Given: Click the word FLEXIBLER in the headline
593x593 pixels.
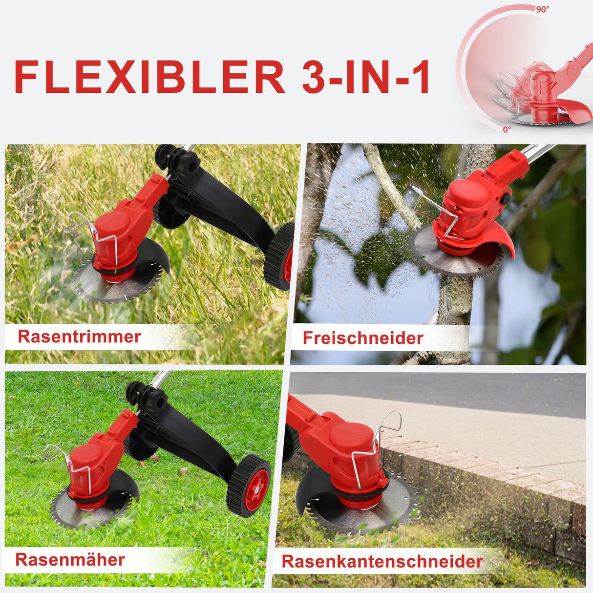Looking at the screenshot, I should tap(149, 77).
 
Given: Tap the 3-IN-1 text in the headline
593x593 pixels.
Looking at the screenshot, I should tap(366, 77).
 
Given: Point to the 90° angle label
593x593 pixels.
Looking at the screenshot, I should tap(542, 9).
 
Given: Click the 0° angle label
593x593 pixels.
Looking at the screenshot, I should tap(507, 129).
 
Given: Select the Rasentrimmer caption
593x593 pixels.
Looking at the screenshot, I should tap(80, 337).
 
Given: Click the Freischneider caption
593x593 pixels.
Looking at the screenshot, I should tap(362, 338).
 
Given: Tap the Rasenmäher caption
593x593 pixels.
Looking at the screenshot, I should tap(70, 559).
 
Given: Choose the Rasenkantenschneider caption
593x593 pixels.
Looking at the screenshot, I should tap(382, 561).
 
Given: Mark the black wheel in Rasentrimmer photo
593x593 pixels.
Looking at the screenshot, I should tap(280, 256).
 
